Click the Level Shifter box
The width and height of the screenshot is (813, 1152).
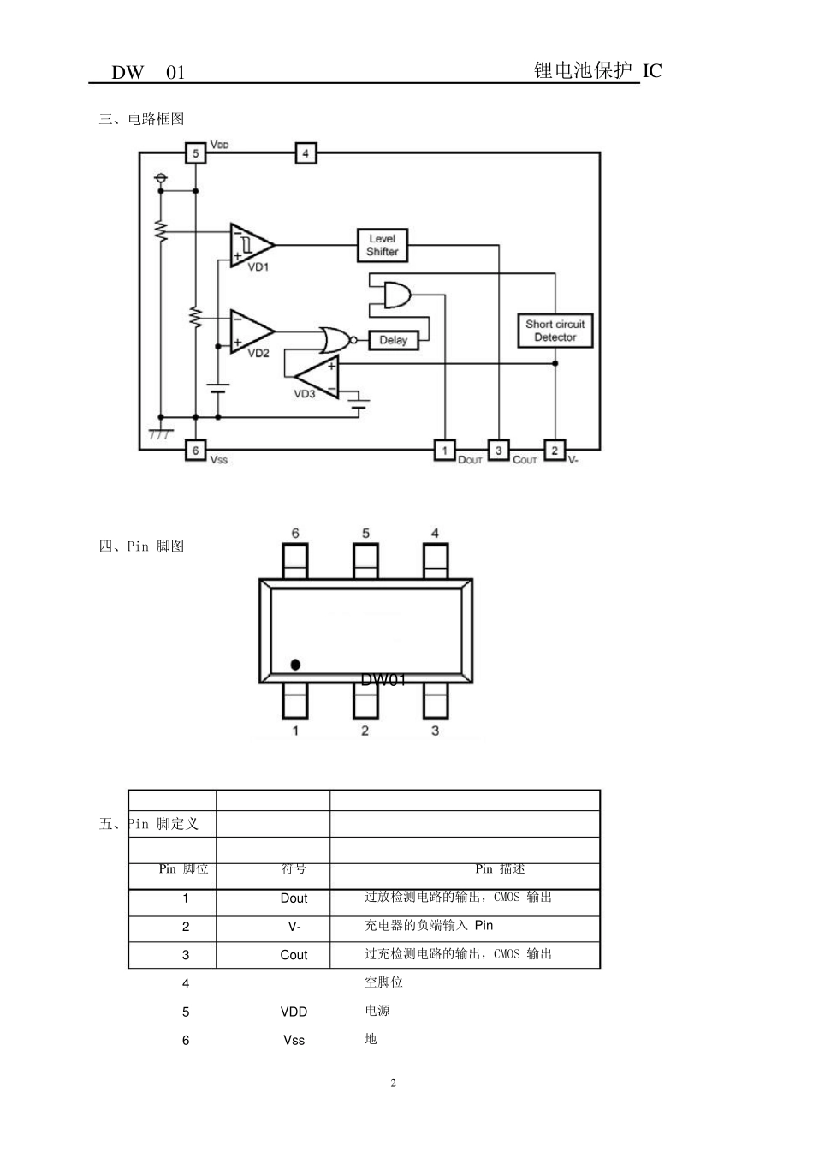tap(382, 245)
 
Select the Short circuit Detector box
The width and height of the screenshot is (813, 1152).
tap(555, 331)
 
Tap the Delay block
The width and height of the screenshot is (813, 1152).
tap(393, 340)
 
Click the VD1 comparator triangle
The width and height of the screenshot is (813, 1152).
tap(249, 244)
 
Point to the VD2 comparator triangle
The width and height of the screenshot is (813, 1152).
tap(249, 331)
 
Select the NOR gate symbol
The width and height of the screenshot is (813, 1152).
tap(334, 340)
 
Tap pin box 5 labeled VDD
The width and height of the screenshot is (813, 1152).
tap(195, 153)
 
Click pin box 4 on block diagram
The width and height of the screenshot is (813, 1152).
tap(306, 153)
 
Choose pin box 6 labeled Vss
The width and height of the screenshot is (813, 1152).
tap(195, 450)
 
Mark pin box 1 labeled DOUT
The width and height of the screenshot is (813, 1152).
tap(444, 450)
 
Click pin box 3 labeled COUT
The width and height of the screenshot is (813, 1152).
tap(498, 450)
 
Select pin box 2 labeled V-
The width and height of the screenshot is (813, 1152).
tap(554, 450)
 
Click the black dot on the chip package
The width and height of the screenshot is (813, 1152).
tap(295, 664)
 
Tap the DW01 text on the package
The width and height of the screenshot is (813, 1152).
tap(383, 680)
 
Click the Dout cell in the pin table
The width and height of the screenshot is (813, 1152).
tap(294, 898)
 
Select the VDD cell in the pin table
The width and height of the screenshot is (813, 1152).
tap(294, 1012)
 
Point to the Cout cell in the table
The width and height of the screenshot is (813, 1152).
tap(294, 955)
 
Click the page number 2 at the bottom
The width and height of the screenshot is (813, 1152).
tap(394, 1083)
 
